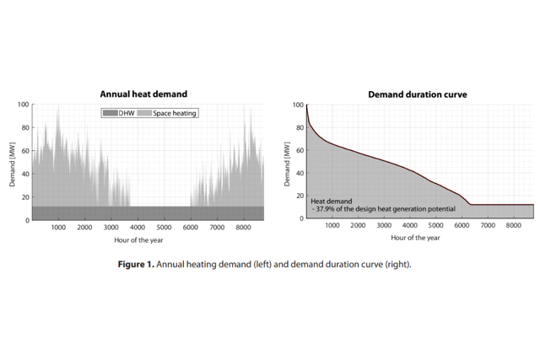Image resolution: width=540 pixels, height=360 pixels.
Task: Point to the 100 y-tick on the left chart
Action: pos(24,105)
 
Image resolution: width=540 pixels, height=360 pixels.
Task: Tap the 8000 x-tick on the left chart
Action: pos(243,228)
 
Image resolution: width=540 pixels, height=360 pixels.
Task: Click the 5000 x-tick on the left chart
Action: pos(164,228)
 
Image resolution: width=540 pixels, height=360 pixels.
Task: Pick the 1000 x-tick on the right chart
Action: pos(332,226)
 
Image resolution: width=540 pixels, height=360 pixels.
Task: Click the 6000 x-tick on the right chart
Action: pos(463,226)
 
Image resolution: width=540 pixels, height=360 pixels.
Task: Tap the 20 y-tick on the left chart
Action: pos(25,197)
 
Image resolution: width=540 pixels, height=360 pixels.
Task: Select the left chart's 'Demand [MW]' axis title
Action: pos(12,162)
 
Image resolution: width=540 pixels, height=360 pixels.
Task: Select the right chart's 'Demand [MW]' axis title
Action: pos(288,162)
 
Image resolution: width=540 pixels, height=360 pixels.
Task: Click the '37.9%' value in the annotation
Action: pos(327,209)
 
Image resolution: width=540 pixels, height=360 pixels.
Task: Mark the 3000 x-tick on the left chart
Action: pos(111,228)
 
